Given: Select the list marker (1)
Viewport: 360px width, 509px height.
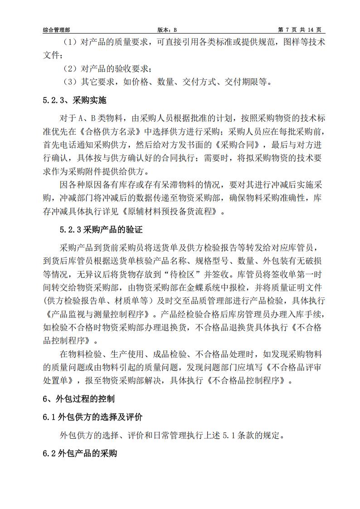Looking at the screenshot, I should tap(70, 42).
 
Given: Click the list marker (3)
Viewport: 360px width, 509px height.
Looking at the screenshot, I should tap(70, 82).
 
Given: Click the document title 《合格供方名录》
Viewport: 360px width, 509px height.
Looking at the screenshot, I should tap(116, 132).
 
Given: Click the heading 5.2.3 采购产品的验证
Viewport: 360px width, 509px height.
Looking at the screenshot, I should tap(101, 230).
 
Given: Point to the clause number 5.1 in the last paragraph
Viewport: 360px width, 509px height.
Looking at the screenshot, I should tap(229, 436).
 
